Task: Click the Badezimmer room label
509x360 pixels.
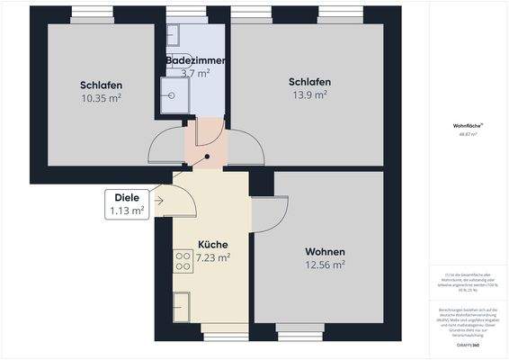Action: tap(195, 60)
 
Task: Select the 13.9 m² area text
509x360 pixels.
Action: tap(309, 94)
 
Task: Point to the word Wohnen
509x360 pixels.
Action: tap(325, 251)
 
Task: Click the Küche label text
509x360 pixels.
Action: tap(212, 244)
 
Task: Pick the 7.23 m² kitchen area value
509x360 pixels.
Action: tap(212, 256)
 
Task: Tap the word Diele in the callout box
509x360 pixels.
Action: tap(126, 198)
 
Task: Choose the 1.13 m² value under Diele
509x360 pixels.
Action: tap(126, 211)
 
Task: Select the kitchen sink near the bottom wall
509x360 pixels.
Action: tap(181, 302)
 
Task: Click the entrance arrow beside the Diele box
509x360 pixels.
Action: tap(158, 200)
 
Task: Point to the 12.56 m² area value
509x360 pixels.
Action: tap(325, 265)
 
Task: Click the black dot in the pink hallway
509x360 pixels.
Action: tap(207, 156)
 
